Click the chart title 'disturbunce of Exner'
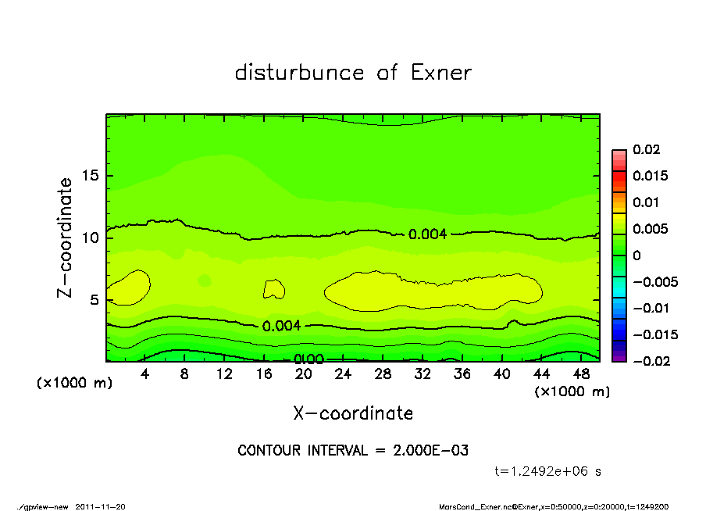click(x=353, y=73)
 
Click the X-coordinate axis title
click(x=353, y=413)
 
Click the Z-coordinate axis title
click(x=66, y=238)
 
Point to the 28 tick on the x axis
click(x=383, y=374)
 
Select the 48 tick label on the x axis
click(x=581, y=374)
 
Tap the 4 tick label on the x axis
click(x=145, y=374)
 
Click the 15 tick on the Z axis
click(x=91, y=176)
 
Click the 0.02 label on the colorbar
click(x=647, y=149)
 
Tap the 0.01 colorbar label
click(x=647, y=202)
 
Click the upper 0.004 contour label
click(x=427, y=234)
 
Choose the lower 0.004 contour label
click(x=281, y=326)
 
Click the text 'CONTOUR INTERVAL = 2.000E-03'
click(x=353, y=451)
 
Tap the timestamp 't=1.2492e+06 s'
click(x=547, y=471)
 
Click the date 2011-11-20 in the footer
click(x=100, y=506)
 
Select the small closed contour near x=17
click(x=273, y=289)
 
